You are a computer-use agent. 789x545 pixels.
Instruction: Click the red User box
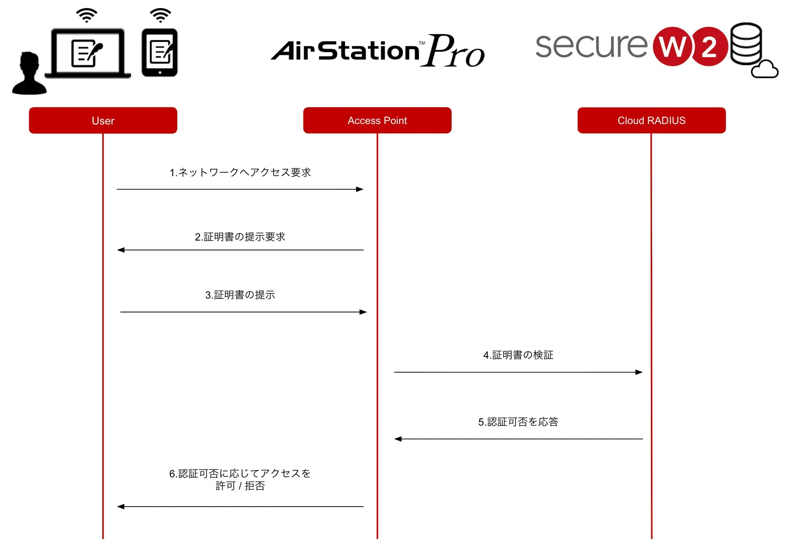point(103,121)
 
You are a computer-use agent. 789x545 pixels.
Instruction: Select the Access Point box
point(377,121)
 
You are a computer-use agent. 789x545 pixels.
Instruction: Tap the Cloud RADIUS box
point(651,121)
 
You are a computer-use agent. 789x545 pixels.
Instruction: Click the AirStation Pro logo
point(378,50)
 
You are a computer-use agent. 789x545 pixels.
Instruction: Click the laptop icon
point(88,53)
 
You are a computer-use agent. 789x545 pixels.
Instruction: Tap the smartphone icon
point(160,53)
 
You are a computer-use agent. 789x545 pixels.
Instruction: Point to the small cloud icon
point(765,70)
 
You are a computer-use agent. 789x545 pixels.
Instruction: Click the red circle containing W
point(672,47)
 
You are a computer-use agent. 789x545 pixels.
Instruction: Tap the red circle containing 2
point(709,47)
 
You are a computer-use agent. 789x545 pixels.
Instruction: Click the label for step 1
point(240,172)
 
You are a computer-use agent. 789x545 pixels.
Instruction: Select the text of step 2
point(240,237)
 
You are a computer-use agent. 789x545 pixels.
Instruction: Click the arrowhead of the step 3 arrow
point(363,312)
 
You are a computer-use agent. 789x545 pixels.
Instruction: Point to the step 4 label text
point(518,355)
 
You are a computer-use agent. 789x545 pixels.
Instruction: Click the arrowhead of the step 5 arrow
point(398,439)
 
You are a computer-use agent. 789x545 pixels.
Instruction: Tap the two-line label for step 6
point(240,479)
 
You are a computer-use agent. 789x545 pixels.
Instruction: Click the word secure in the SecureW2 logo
point(591,46)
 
